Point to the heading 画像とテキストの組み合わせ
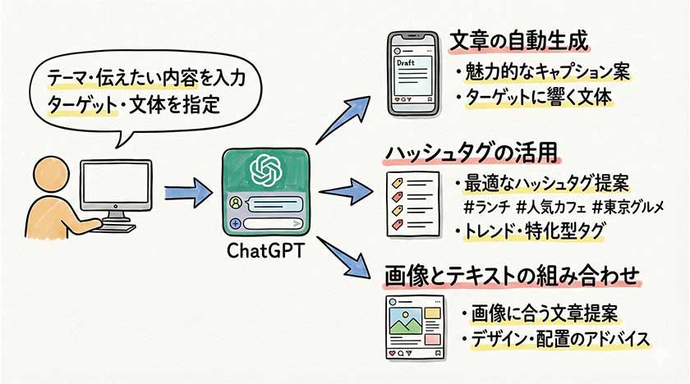[511, 276]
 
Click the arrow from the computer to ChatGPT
[188, 195]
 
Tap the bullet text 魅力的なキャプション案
[542, 72]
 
